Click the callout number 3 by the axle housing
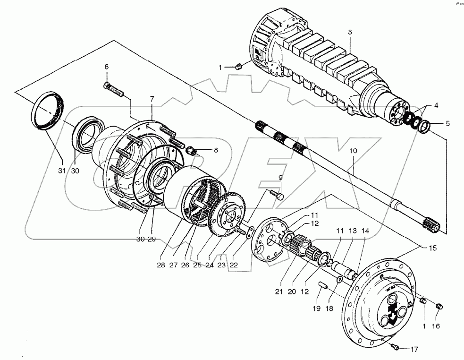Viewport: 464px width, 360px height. [349, 32]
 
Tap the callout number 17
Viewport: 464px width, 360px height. [414, 349]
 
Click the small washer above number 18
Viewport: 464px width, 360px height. [339, 281]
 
